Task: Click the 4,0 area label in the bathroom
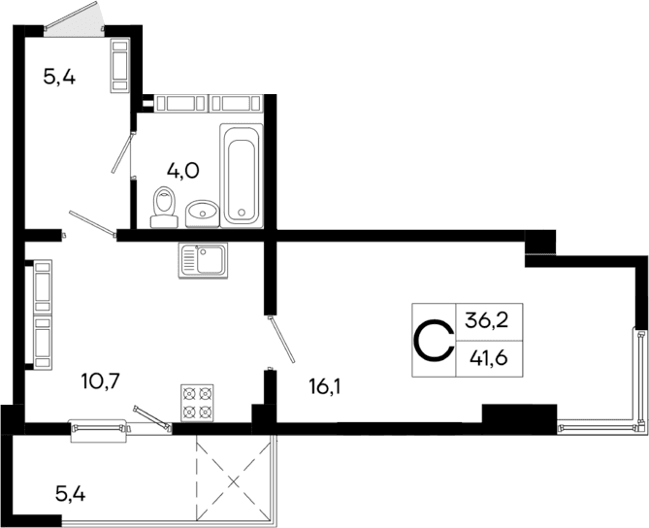(182, 172)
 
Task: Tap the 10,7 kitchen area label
(101, 379)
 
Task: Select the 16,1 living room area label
(326, 386)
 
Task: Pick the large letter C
(434, 340)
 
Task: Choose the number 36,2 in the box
(486, 318)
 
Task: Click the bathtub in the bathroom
(242, 174)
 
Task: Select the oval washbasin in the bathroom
(202, 211)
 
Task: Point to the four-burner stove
(197, 404)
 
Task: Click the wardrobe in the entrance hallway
(120, 65)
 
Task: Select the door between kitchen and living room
(279, 340)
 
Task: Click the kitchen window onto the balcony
(99, 425)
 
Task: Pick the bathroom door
(123, 150)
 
